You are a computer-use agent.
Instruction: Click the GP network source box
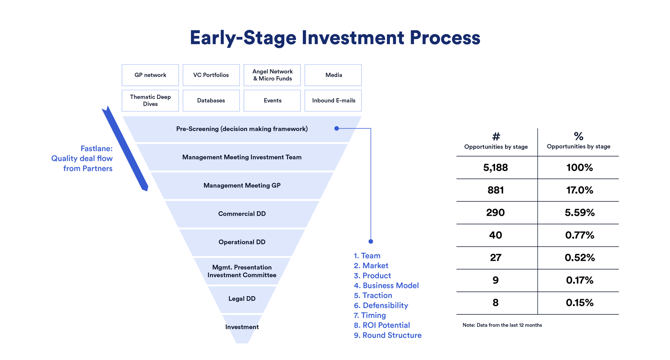pos(150,75)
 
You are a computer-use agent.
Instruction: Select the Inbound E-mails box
pos(333,100)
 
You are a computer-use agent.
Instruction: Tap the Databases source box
pos(211,100)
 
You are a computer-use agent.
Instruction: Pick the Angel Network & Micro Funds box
pos(272,75)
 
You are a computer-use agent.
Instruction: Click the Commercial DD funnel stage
pos(242,214)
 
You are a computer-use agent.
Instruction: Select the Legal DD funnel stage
pos(242,299)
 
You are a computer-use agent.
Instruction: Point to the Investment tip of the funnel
pos(242,328)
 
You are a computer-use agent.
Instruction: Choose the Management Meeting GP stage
pos(242,186)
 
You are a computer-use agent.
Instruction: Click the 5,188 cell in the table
pos(495,167)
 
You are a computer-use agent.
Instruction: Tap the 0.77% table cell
pos(580,235)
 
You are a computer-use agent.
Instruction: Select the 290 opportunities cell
pos(495,213)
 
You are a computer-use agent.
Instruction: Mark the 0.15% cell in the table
pos(580,303)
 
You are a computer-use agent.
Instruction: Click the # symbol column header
pos(496,136)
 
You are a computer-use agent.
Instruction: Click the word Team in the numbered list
pos(371,256)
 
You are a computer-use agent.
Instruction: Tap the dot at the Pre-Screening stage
pos(337,128)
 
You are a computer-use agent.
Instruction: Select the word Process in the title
pos(445,38)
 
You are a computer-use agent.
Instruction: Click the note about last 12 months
pos(502,325)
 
